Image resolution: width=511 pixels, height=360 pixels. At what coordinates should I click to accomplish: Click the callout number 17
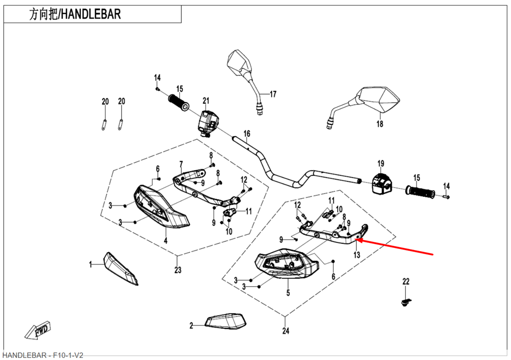tap(273, 94)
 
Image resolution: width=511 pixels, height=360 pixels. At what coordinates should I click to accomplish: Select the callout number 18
tap(380, 124)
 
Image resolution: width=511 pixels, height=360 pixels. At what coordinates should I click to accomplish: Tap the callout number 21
tap(206, 100)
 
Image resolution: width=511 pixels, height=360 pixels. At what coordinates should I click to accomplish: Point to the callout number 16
tap(247, 134)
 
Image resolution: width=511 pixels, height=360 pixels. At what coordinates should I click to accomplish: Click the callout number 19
tap(381, 164)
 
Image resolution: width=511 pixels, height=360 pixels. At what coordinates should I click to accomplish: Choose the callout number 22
tap(406, 282)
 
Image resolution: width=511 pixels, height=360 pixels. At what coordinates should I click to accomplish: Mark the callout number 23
tap(178, 270)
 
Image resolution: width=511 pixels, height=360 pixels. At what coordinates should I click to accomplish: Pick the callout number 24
tap(286, 331)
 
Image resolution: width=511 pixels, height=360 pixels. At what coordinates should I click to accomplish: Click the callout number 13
tap(357, 254)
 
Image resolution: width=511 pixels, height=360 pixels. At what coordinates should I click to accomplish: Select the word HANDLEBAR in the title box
tap(91, 14)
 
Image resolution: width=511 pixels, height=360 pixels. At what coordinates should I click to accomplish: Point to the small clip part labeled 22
tap(406, 303)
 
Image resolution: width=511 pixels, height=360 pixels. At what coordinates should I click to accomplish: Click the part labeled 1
tap(121, 268)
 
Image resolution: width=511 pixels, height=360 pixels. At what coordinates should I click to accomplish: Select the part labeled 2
tap(225, 322)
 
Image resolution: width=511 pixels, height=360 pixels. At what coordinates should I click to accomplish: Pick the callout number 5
tap(288, 293)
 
